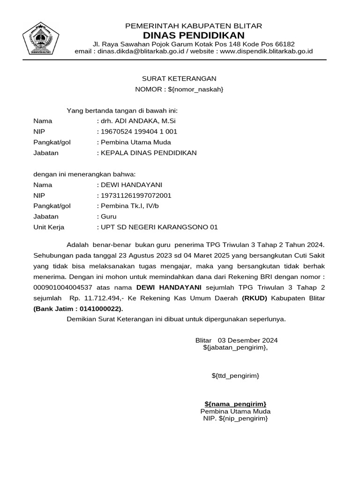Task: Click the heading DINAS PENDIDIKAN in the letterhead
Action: tap(194, 36)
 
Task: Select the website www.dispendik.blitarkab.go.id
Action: tap(266, 51)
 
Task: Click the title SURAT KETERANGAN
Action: tap(180, 79)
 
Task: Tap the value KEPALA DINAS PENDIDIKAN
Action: tap(149, 153)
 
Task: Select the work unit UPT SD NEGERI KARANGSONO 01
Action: tap(159, 227)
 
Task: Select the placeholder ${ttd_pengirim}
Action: tap(235, 376)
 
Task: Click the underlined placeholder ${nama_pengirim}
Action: tap(235, 404)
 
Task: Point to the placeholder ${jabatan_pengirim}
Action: tap(235, 347)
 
